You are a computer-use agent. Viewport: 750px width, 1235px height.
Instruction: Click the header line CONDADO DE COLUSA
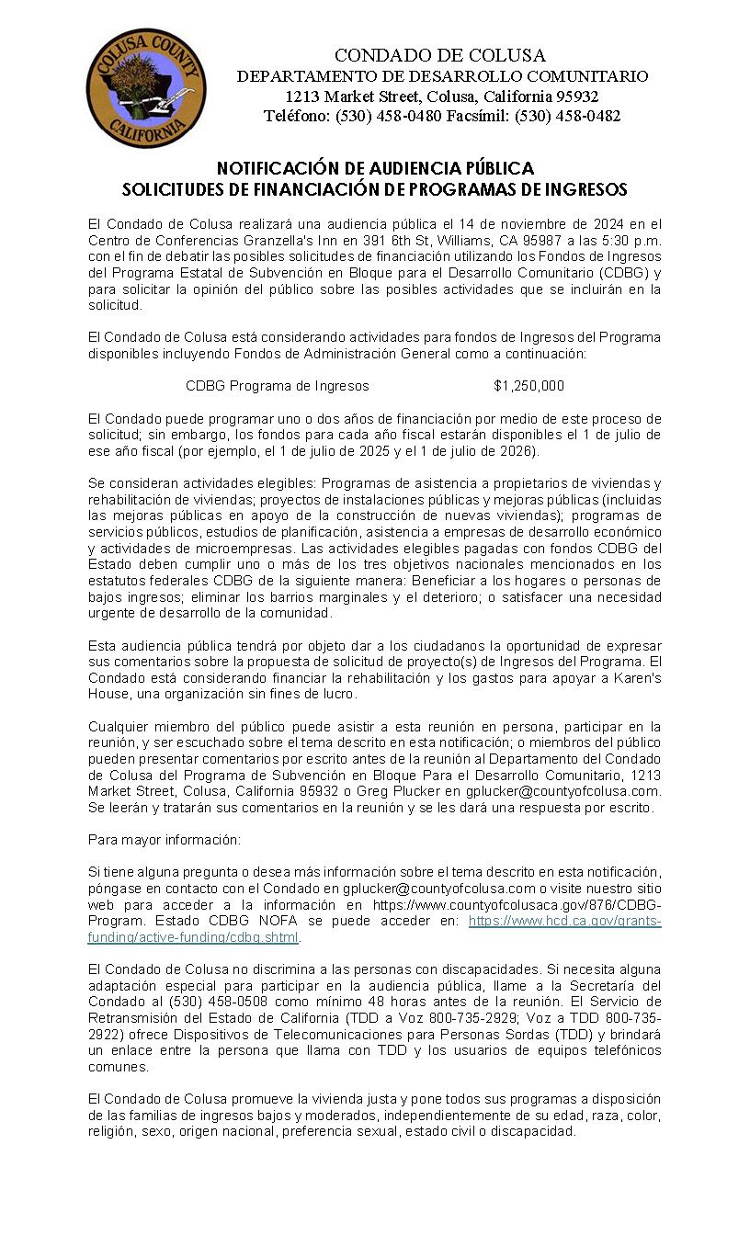439,56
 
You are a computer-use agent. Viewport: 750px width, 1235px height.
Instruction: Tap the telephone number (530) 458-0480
387,116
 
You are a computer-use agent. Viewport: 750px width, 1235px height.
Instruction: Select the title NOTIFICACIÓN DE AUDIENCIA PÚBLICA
375,169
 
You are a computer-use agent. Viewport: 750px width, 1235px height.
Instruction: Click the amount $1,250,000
528,385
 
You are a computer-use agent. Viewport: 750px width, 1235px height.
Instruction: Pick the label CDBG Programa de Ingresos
277,385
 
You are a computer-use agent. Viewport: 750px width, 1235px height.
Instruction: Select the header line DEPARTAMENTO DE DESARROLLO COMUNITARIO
442,76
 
